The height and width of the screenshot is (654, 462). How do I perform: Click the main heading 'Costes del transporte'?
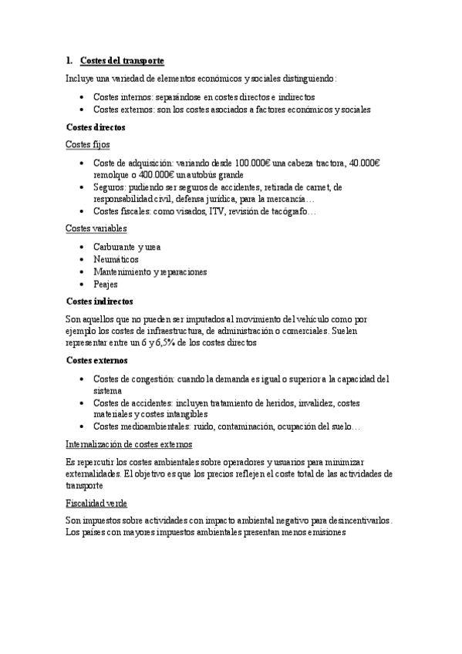coord(122,60)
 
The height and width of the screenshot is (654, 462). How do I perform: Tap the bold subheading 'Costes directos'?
coord(96,126)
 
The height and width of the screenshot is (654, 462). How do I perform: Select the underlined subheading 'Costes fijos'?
coord(89,144)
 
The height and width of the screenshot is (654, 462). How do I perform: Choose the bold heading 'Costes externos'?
coord(97,360)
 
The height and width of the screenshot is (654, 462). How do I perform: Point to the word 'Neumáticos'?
coord(116,259)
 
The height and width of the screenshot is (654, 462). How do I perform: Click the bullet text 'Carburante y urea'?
coord(126,247)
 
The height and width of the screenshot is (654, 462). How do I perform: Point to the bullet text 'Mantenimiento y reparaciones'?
coord(151,271)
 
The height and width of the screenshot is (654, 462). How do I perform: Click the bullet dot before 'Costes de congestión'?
coord(83,379)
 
